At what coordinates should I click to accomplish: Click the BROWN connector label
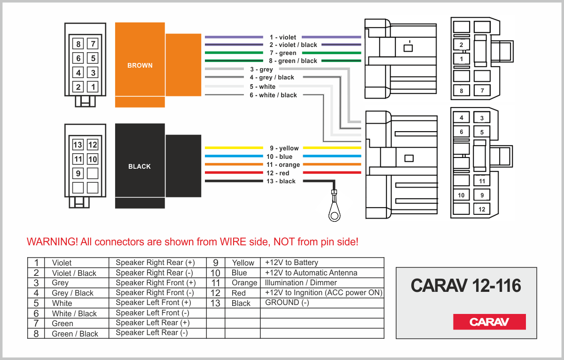tap(140, 65)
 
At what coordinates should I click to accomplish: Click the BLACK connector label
tap(140, 166)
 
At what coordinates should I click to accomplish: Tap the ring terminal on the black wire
tap(335, 215)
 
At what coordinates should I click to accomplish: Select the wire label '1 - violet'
tap(282, 37)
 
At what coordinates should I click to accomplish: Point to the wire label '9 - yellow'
tap(284, 148)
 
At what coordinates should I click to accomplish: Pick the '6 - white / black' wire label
tap(273, 95)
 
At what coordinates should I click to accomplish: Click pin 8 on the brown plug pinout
tap(78, 45)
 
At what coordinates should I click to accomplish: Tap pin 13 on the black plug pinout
tap(78, 145)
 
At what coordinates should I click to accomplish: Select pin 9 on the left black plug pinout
tap(78, 173)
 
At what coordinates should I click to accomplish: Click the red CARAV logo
tap(489, 322)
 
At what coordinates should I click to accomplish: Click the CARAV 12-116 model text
tap(466, 285)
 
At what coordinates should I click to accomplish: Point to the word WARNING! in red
tap(52, 242)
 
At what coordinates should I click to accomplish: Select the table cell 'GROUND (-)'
tap(287, 303)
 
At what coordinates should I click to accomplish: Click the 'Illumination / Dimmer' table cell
tap(301, 283)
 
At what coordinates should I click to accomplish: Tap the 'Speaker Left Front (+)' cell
tap(153, 303)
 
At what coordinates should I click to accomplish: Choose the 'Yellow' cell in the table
tap(243, 263)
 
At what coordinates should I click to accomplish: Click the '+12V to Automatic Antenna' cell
tap(311, 273)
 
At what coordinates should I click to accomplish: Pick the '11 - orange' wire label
tap(283, 165)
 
